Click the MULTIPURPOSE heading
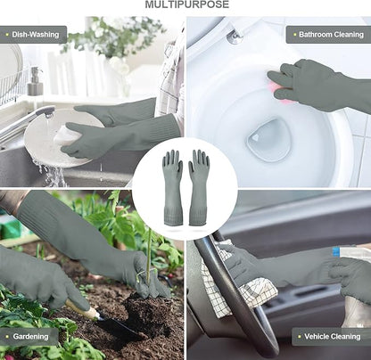pyautogui.click(x=187, y=4)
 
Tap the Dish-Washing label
pyautogui.click(x=36, y=35)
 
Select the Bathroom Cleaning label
pyautogui.click(x=331, y=35)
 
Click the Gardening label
pyautogui.click(x=30, y=337)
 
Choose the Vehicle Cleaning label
pyautogui.click(x=333, y=337)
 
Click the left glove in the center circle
pyautogui.click(x=172, y=187)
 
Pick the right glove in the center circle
pyautogui.click(x=198, y=187)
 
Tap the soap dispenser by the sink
pyautogui.click(x=35, y=81)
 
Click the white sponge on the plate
pyautogui.click(x=68, y=135)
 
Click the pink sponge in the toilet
pyautogui.click(x=280, y=92)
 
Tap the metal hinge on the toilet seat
pyautogui.click(x=235, y=37)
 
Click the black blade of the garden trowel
pyautogui.click(x=118, y=328)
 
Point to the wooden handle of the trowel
pyautogui.click(x=82, y=308)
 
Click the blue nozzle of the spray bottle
pyautogui.click(x=337, y=252)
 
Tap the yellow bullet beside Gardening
pyautogui.click(x=7, y=337)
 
